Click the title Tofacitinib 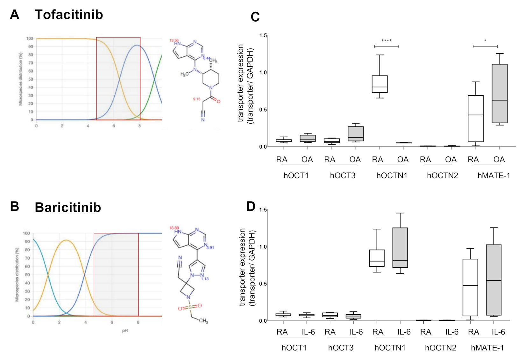pyautogui.click(x=69, y=15)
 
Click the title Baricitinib pyautogui.click(x=68, y=207)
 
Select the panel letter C pyautogui.click(x=255, y=17)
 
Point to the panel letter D pyautogui.click(x=251, y=206)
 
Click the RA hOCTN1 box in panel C pyautogui.click(x=380, y=84)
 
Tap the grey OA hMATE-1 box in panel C pyautogui.click(x=500, y=93)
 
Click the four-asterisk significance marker pyautogui.click(x=386, y=41)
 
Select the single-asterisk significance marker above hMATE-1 pyautogui.click(x=485, y=41)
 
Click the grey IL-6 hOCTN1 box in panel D pyautogui.click(x=400, y=248)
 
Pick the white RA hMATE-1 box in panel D pyautogui.click(x=470, y=287)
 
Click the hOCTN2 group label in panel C pyautogui.click(x=442, y=176)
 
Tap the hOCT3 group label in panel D pyautogui.click(x=341, y=348)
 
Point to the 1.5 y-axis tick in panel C pyautogui.click(x=263, y=35)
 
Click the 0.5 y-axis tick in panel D pyautogui.click(x=263, y=284)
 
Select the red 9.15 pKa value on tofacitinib pyautogui.click(x=196, y=99)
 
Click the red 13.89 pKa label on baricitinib pyautogui.click(x=174, y=228)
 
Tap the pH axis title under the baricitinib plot pyautogui.click(x=125, y=331)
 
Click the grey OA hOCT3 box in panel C pyautogui.click(x=356, y=134)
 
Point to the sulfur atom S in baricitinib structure pyautogui.click(x=190, y=307)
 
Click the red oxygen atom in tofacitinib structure pyautogui.click(x=218, y=101)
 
